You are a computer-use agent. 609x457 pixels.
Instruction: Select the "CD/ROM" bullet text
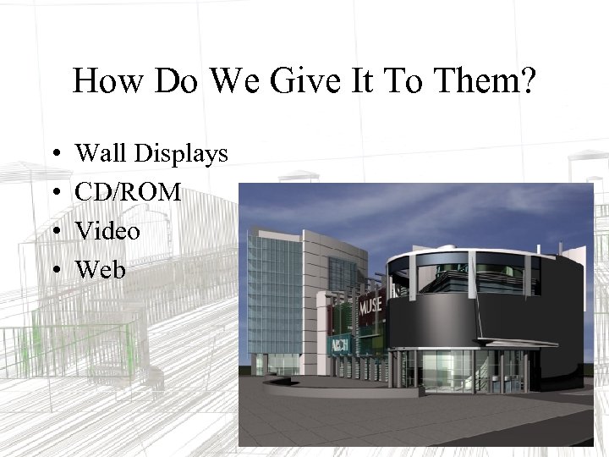point(128,192)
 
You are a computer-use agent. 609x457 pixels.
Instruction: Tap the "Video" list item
point(107,230)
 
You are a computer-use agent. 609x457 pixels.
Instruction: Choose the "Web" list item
point(100,269)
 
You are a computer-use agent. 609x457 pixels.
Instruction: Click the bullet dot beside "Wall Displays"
point(52,155)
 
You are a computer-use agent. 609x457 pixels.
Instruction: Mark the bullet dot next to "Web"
point(52,271)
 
